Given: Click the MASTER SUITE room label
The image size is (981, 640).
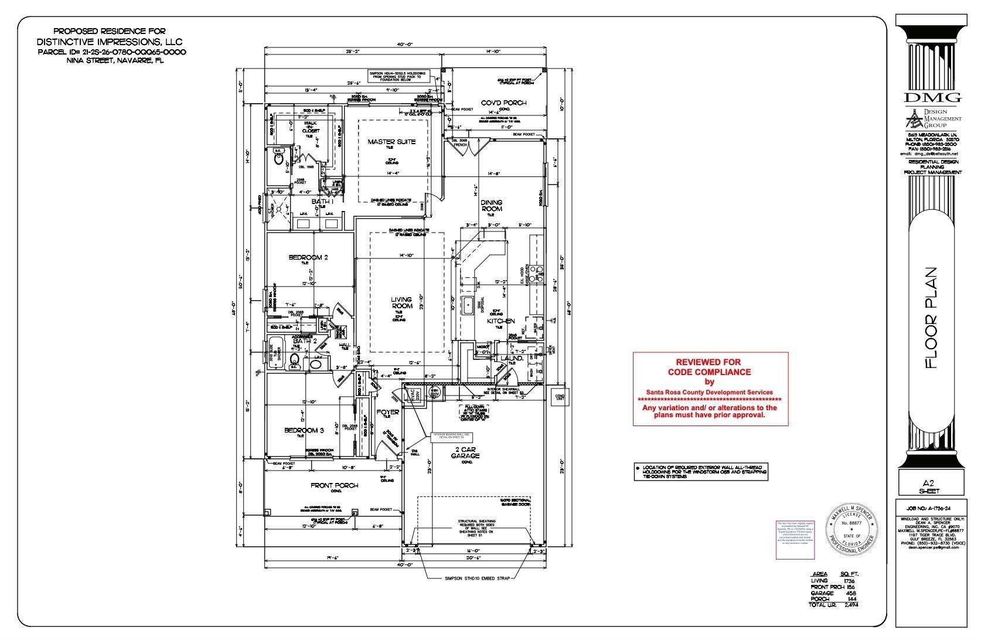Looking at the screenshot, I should pos(391,142).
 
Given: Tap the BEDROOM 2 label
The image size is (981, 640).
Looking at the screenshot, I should pos(308,257).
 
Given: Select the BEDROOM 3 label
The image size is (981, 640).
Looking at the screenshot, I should pos(304,430).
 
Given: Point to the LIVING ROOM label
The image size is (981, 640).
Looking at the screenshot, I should pos(401,302).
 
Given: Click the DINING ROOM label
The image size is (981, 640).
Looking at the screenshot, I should pos(492,206).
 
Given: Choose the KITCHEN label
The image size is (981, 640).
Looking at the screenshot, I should pos(501,321).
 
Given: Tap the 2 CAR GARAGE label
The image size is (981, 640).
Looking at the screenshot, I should pos(467,452).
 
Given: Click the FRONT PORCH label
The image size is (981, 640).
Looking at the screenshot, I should pos(334,485).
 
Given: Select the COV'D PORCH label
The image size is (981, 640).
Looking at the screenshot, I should pos(503,103).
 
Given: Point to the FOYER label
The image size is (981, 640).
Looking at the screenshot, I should pos(387,412).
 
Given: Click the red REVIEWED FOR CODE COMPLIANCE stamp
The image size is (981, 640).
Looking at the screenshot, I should pos(710,388).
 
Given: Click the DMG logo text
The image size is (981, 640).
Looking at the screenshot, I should pos(932,97).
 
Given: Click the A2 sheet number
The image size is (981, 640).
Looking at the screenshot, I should pos(932,483).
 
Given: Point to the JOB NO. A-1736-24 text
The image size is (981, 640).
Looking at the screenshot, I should pos(932,510).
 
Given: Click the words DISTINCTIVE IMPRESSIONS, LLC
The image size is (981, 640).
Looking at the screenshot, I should pos(110,42).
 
